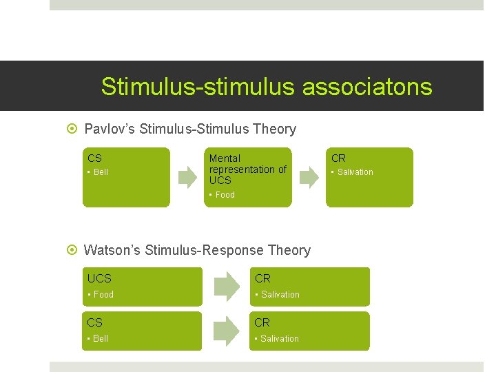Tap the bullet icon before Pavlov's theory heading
[x=74, y=129]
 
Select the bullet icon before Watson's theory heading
[x=74, y=250]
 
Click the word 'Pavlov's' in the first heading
[x=110, y=129]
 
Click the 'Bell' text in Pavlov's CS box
[x=101, y=172]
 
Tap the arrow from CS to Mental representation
[x=187, y=177]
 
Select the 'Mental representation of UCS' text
[x=247, y=169]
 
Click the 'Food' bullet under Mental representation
[x=225, y=195]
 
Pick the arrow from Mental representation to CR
[x=309, y=177]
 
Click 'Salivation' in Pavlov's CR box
[x=355, y=172]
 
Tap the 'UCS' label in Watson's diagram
[x=99, y=279]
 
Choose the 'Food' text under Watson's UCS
[x=103, y=295]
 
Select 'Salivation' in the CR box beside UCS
[x=280, y=295]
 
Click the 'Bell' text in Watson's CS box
[x=101, y=339]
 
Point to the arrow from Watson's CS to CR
[x=225, y=331]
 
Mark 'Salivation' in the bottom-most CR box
[x=280, y=339]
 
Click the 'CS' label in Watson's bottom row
[x=94, y=322]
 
